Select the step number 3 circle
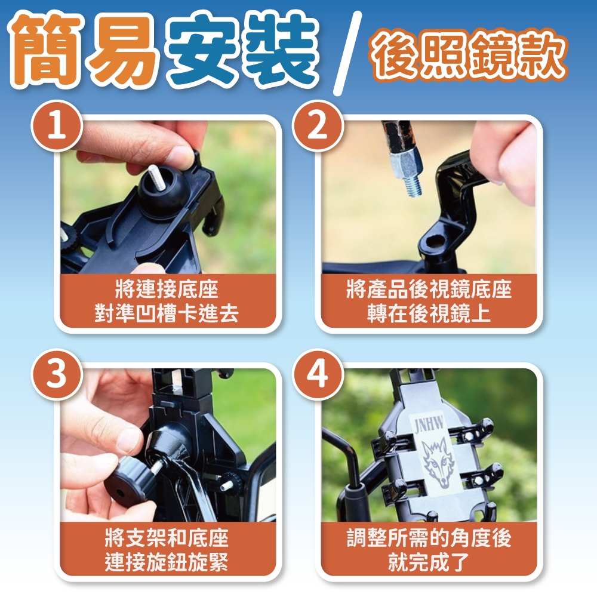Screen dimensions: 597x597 coord(57,375)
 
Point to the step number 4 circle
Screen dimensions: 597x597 coord(318,375)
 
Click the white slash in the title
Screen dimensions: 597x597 coord(347,53)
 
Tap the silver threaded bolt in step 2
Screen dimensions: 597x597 coord(409,172)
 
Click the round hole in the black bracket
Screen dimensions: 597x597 coord(435,241)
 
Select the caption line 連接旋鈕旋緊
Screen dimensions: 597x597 coord(167,562)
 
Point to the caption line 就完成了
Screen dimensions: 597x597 coord(429,562)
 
